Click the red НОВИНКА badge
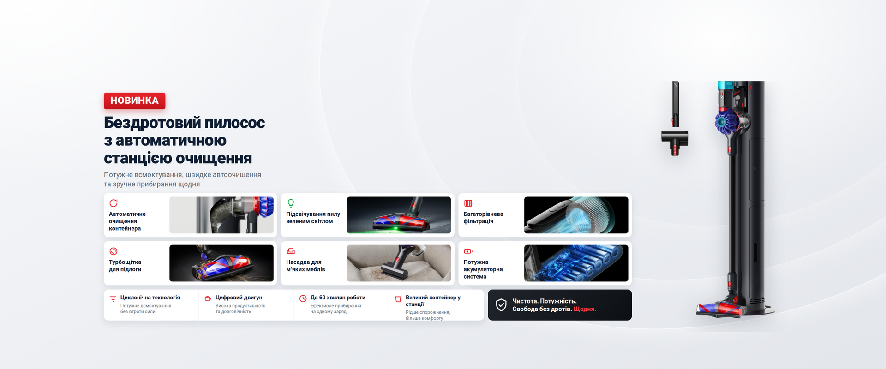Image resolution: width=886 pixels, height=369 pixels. (134, 101)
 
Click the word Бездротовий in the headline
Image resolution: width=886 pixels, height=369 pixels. (152, 123)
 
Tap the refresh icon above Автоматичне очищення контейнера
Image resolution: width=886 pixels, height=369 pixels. (114, 203)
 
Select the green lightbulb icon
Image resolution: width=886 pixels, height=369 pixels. (291, 203)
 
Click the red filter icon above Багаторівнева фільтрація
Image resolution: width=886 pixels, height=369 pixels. (468, 203)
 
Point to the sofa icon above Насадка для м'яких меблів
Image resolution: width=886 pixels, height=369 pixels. (291, 251)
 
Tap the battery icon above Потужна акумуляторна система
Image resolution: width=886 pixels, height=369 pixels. (468, 251)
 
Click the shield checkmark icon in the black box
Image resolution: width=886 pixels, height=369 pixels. (501, 305)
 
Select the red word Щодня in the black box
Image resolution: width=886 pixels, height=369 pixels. (585, 309)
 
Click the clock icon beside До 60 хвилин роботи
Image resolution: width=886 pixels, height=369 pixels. (303, 298)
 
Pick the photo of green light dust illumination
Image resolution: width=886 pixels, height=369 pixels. (399, 215)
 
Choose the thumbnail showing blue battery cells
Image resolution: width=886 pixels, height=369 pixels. (576, 263)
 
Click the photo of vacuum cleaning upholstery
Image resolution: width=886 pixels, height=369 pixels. (399, 263)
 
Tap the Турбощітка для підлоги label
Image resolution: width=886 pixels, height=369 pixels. (125, 266)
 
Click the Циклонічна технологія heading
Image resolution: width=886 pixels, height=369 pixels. (150, 298)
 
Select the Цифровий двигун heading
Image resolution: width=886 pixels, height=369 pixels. (239, 298)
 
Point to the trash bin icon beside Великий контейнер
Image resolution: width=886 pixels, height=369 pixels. (398, 299)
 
